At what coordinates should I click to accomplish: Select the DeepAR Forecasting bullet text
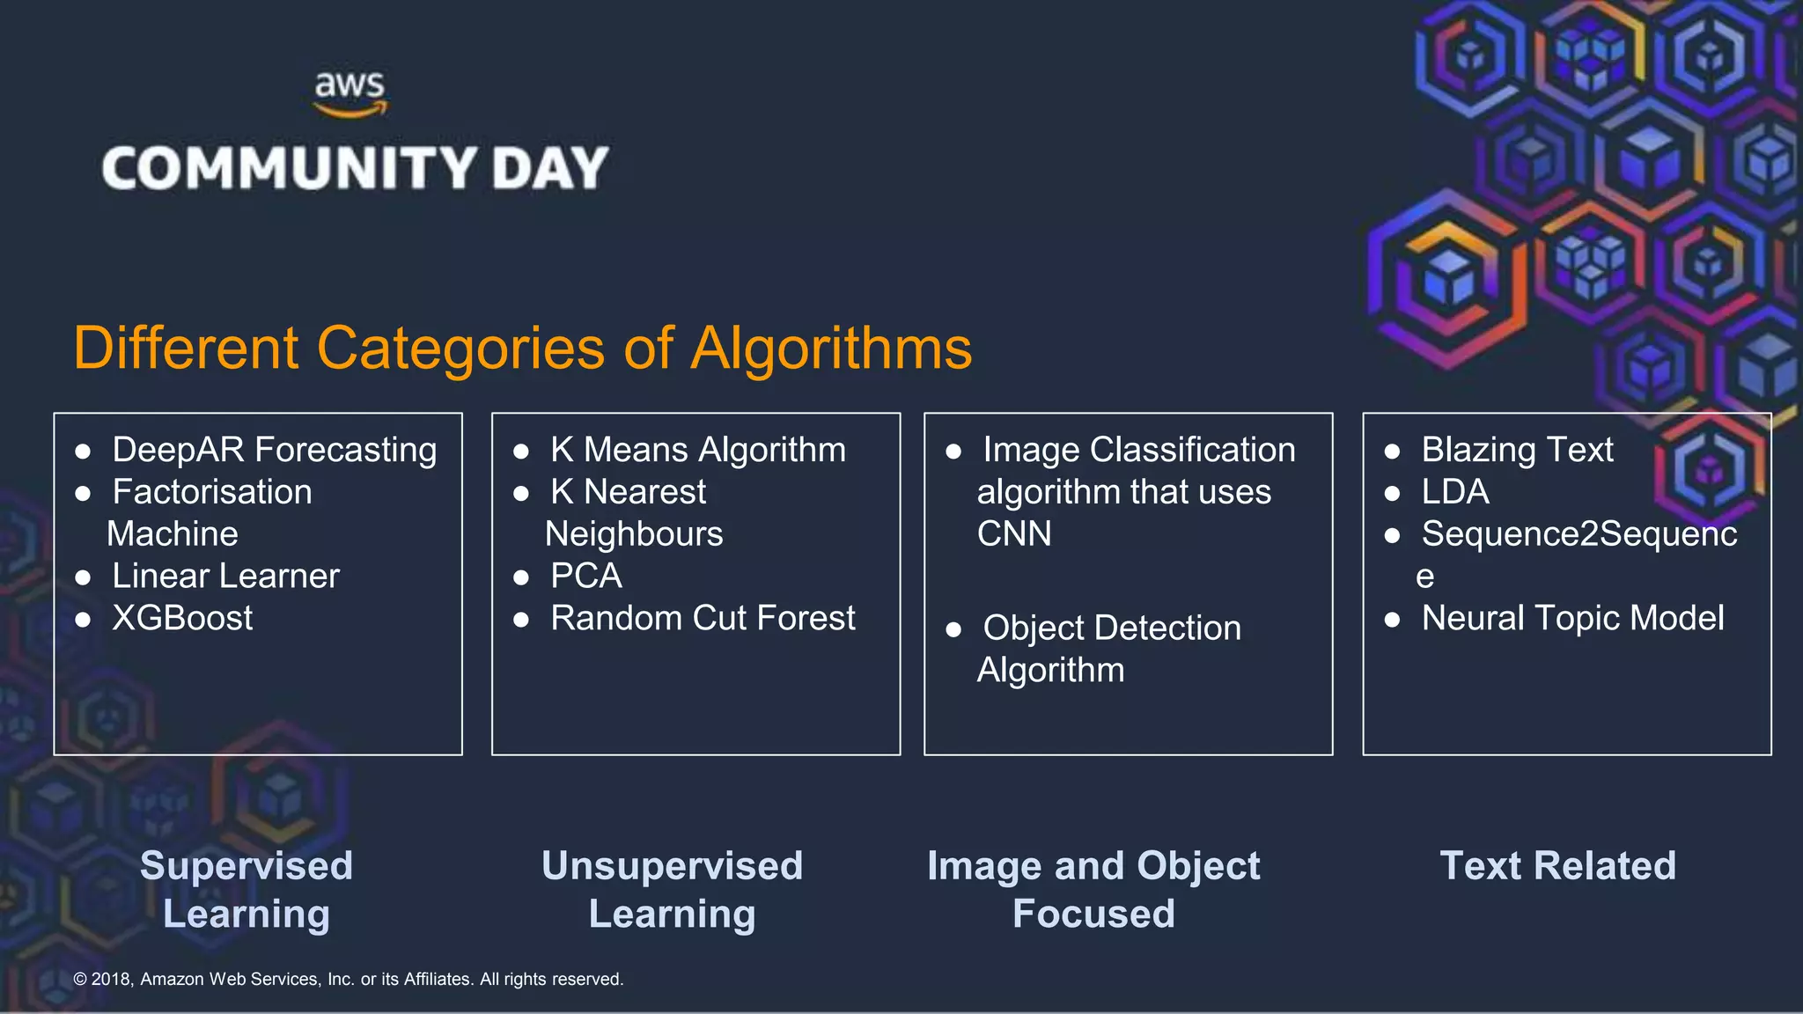click(x=274, y=450)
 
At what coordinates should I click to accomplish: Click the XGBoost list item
click(x=182, y=618)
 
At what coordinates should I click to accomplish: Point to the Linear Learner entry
click(x=225, y=576)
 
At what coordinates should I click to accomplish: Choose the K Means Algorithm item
click(x=697, y=450)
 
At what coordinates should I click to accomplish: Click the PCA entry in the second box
click(x=585, y=576)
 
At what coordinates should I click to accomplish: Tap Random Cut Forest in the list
click(x=703, y=618)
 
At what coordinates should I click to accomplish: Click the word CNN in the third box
click(x=1014, y=533)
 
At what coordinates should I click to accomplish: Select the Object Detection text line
click(x=1111, y=628)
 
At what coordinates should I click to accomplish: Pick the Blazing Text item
click(x=1517, y=450)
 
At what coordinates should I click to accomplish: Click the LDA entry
click(x=1454, y=492)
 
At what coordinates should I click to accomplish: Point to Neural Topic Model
click(x=1572, y=618)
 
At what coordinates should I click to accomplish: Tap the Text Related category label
click(x=1557, y=865)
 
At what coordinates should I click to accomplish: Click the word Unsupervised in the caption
click(x=672, y=865)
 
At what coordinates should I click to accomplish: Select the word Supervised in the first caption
click(x=247, y=865)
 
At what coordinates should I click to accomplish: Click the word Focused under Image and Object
click(x=1093, y=914)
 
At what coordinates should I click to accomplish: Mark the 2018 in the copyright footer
click(x=111, y=979)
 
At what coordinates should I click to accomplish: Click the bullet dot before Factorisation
click(x=84, y=494)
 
